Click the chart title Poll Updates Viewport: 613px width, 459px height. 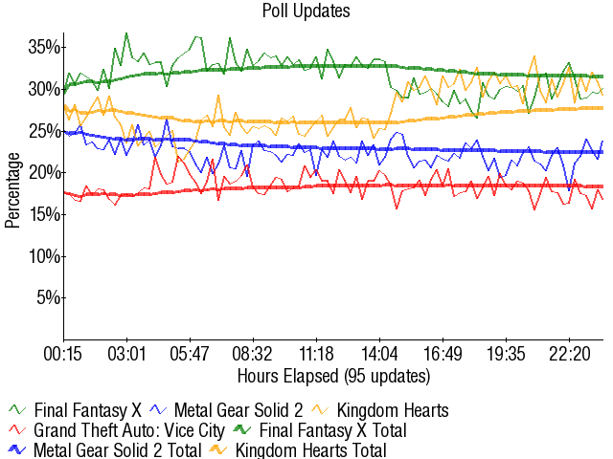pyautogui.click(x=306, y=11)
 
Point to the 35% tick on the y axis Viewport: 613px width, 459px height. pyautogui.click(x=44, y=47)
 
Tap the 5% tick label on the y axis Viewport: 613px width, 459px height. pyautogui.click(x=48, y=297)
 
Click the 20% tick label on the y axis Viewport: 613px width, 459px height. pyautogui.click(x=44, y=172)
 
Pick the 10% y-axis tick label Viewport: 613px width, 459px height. pyautogui.click(x=44, y=256)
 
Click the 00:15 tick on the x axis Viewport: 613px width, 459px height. pyautogui.click(x=64, y=353)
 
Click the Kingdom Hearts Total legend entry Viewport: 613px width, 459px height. pyautogui.click(x=311, y=450)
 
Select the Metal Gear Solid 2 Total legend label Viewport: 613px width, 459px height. pyautogui.click(x=118, y=450)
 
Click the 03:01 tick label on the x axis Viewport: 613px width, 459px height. pyautogui.click(x=126, y=353)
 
